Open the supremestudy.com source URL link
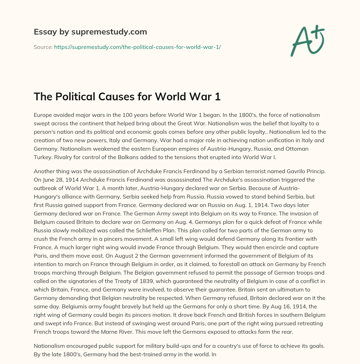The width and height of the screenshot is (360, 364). pyautogui.click(x=137, y=47)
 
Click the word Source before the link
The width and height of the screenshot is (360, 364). pyautogui.click(x=43, y=47)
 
